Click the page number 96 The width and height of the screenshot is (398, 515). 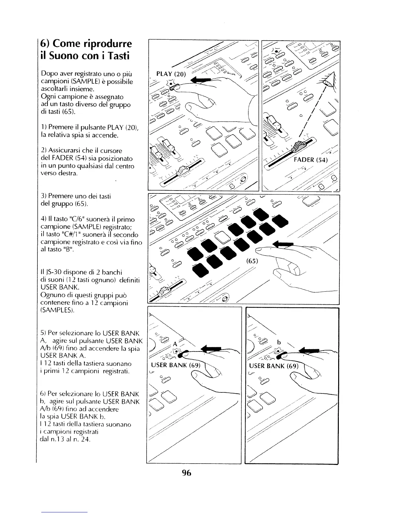[x=187, y=473]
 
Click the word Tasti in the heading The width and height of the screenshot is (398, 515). [x=114, y=56]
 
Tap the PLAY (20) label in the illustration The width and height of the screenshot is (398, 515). [x=171, y=74]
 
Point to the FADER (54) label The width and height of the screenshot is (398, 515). [x=311, y=160]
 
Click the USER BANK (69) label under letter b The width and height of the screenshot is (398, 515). [x=273, y=366]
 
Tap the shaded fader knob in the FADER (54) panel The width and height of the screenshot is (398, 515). [x=298, y=147]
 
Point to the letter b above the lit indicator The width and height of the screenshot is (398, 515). [x=279, y=342]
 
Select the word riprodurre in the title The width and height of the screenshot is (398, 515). [x=108, y=44]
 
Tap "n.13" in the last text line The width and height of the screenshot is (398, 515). [x=58, y=440]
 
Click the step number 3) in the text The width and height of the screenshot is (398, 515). [x=44, y=196]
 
